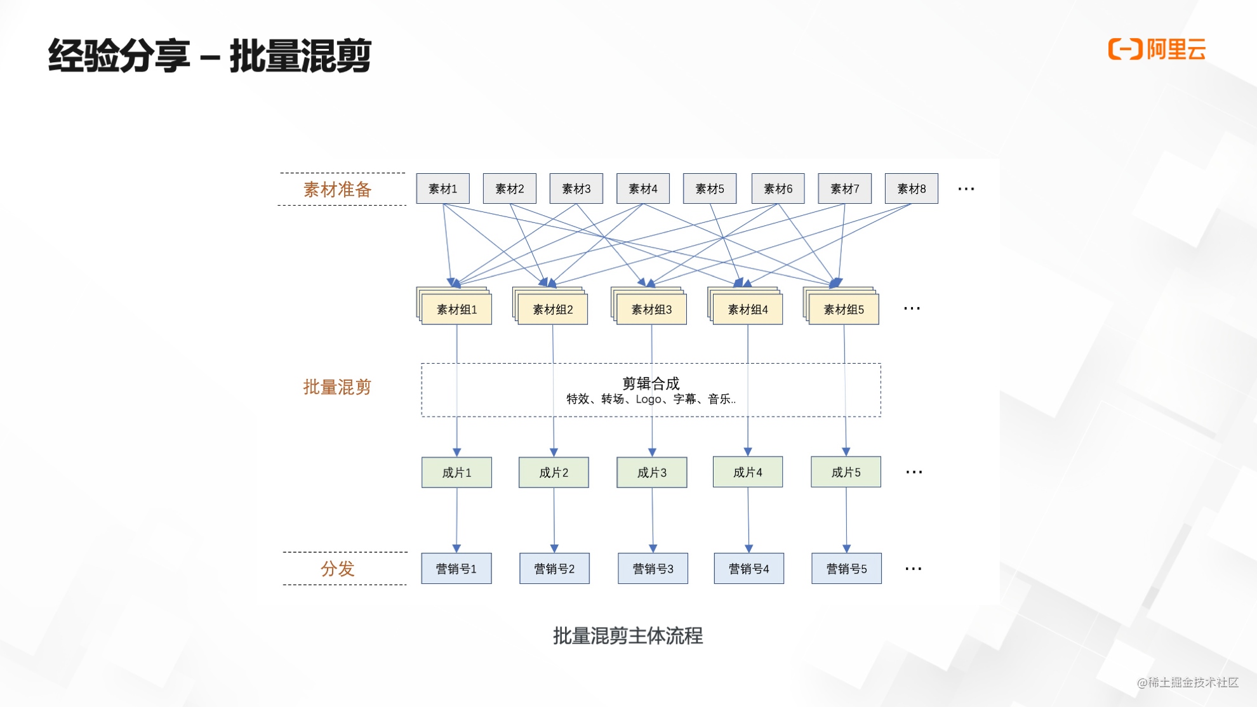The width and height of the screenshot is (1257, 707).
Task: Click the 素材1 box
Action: [x=442, y=188]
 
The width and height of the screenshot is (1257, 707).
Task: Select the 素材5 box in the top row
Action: [x=709, y=188]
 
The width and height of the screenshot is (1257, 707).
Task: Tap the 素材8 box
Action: [x=911, y=188]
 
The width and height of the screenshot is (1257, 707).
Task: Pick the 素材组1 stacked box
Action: [x=456, y=309]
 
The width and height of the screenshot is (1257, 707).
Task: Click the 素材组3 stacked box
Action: [x=651, y=309]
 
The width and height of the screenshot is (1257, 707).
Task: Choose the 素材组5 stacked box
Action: [x=844, y=309]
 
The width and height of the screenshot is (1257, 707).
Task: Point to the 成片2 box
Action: [x=554, y=472]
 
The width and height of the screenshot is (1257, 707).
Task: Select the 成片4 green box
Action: [x=747, y=472]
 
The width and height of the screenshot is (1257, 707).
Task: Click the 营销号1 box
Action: [x=456, y=569]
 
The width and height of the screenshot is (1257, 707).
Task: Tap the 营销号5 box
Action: [x=846, y=569]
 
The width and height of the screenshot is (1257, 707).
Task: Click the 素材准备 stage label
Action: [x=337, y=189]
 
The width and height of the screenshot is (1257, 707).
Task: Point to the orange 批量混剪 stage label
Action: [x=337, y=387]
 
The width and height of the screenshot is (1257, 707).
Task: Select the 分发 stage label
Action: [x=337, y=568]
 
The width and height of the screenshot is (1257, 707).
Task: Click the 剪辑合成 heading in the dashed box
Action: [x=651, y=383]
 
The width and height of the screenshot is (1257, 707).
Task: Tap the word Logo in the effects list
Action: [x=649, y=399]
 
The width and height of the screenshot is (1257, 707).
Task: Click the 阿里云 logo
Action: [x=1157, y=50]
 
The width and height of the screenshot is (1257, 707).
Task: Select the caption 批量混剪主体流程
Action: [x=628, y=635]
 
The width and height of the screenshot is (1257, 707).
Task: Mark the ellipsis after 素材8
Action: [x=966, y=188]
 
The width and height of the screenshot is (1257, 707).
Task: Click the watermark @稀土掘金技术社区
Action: [x=1187, y=682]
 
